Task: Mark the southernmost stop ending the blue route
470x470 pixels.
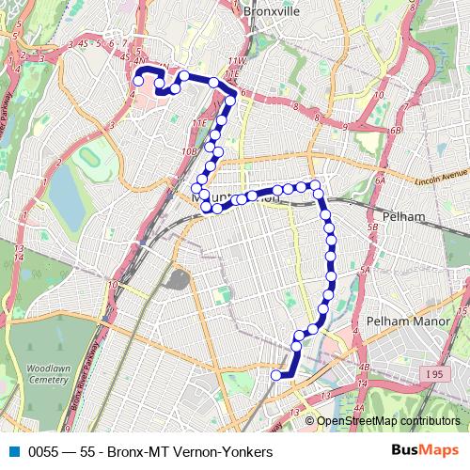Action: (x=276, y=376)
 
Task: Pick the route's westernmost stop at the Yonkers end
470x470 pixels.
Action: (x=138, y=81)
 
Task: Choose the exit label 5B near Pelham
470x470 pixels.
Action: (x=373, y=227)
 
